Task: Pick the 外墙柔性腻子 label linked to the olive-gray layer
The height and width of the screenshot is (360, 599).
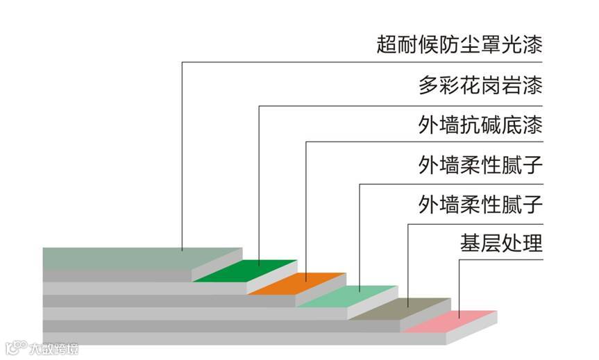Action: [480, 205]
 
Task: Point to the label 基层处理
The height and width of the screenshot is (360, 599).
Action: [500, 244]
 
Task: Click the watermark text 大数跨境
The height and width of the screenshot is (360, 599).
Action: [53, 348]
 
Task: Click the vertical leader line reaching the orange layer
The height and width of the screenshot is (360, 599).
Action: [306, 208]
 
